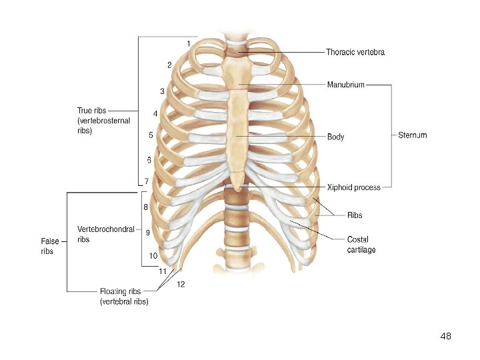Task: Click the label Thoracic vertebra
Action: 355,52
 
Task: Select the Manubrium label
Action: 345,85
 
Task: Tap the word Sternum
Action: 412,135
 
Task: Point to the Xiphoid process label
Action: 353,187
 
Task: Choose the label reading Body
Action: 335,137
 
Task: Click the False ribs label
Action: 50,246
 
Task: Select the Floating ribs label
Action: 124,296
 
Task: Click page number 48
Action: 446,337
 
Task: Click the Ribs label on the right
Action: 355,215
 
